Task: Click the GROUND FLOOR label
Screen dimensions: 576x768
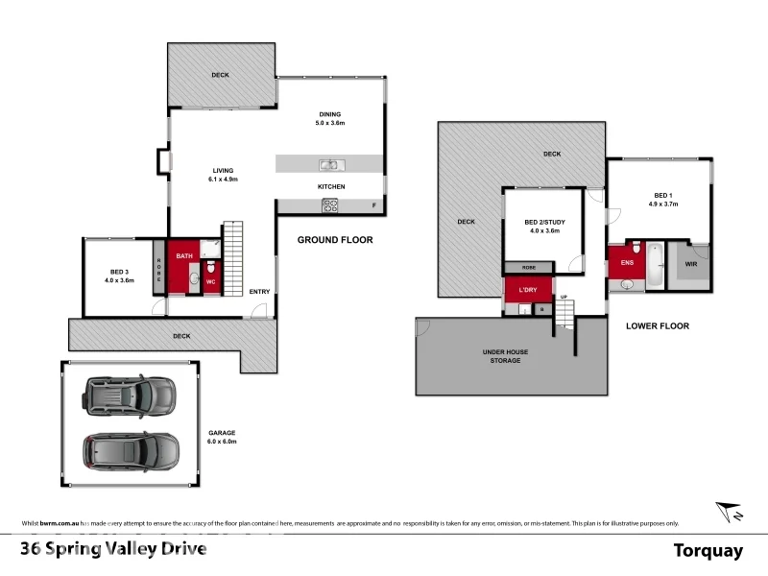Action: pos(334,240)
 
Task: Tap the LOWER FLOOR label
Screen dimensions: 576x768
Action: pos(657,326)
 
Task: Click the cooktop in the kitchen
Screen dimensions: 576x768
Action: pos(330,204)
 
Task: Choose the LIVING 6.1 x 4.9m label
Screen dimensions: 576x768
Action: pos(222,176)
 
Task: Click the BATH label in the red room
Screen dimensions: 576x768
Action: pos(184,256)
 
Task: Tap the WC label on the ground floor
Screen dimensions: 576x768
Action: pos(211,281)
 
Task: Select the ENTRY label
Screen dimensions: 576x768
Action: pos(259,292)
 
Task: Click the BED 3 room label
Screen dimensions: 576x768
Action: pos(120,275)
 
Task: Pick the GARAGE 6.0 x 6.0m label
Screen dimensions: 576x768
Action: pos(222,437)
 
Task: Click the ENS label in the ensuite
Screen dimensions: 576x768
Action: pos(626,261)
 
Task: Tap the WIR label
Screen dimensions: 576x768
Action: pos(690,262)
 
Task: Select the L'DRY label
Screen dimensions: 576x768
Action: pos(526,289)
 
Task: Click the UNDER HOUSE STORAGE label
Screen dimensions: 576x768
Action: pos(505,356)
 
